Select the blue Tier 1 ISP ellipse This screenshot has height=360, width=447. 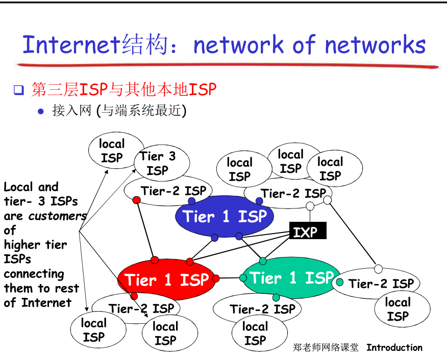coord(225,217)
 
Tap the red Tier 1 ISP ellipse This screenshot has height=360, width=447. coord(166,279)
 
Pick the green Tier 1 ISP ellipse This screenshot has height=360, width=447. coord(286,278)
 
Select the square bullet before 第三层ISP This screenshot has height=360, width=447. coord(19,91)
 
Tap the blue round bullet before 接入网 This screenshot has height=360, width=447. coord(41,111)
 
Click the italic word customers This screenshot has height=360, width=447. coord(57,216)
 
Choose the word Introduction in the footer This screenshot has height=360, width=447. coord(394,348)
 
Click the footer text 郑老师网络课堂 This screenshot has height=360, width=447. coord(326,348)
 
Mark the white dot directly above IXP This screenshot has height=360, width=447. coord(310,206)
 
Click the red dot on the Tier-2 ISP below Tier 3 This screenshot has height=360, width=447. coord(136,200)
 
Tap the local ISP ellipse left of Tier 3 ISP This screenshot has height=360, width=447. coord(112,151)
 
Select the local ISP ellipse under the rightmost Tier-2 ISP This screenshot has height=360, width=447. coord(398,309)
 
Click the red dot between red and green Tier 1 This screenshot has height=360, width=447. coord(216,278)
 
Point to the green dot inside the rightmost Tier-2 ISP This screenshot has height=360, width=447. coord(340,282)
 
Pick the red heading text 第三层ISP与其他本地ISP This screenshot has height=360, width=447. coord(124,90)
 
